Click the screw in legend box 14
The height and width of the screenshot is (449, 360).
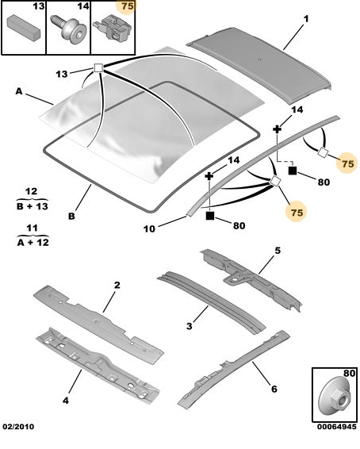[x=68, y=30]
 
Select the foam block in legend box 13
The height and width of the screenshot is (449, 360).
[x=25, y=27]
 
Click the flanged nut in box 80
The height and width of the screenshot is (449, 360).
[x=335, y=398]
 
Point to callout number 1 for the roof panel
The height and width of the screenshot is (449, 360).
[x=306, y=19]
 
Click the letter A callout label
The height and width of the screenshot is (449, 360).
[x=19, y=91]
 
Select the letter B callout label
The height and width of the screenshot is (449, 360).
[x=71, y=216]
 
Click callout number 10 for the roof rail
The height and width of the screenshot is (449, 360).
[x=149, y=228]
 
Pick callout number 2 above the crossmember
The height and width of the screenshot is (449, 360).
[x=117, y=286]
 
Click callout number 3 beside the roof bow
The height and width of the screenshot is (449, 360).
[x=190, y=326]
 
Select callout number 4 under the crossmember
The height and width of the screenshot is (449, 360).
[x=66, y=401]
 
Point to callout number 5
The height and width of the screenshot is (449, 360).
[x=278, y=251]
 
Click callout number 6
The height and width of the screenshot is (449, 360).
[x=274, y=389]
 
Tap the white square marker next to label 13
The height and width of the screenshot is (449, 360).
[x=98, y=68]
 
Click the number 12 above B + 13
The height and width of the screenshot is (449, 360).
[x=32, y=191]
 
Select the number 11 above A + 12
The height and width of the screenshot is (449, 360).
[x=32, y=228]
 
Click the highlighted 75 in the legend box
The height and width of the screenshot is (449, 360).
[x=128, y=6]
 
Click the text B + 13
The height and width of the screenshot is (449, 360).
[x=33, y=206]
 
